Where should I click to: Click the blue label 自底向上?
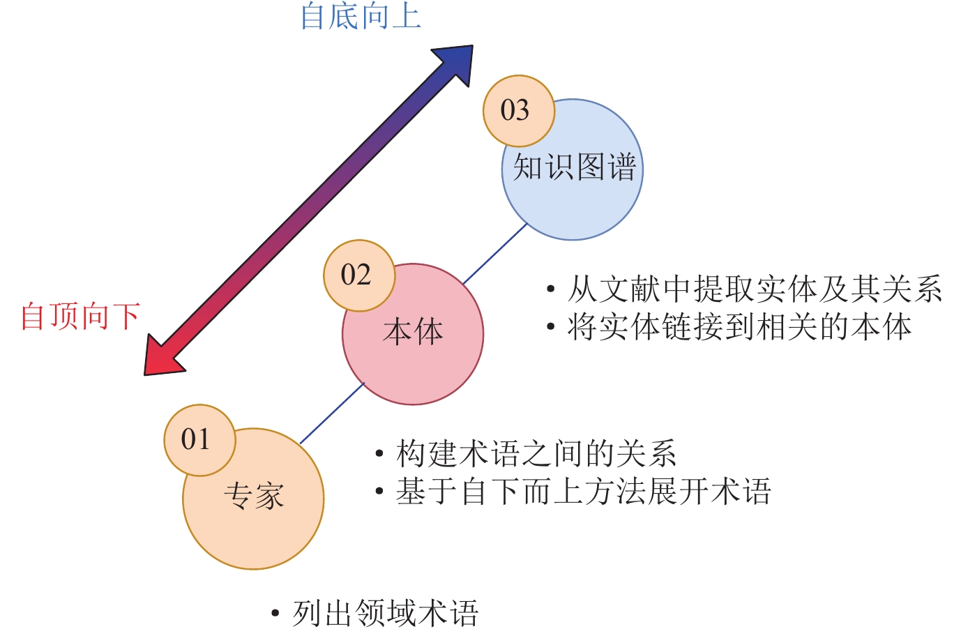pos(361,16)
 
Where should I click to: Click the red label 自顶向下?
pos(80,316)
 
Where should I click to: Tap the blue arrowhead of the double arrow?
pos(456,63)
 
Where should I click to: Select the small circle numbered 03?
pos(518,110)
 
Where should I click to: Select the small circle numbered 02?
pos(358,275)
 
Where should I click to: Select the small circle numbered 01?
pos(199,440)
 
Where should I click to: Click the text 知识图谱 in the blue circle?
pos(575,168)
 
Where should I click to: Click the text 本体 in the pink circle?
pos(413,332)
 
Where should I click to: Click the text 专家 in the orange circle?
pos(254,497)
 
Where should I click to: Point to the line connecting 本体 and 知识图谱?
pos(495,253)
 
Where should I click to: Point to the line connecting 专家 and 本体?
pos(332,413)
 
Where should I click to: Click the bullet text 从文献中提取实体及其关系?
pos(755,289)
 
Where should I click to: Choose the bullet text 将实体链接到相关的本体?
pos(739,326)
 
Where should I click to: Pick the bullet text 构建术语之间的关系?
pos(536,454)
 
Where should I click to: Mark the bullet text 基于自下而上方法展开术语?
pos(583,492)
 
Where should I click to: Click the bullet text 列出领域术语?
pos(385,614)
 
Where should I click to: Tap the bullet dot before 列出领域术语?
pos(275,614)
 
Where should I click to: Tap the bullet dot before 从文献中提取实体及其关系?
pos(551,289)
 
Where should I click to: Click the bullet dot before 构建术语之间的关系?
pos(379,455)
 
